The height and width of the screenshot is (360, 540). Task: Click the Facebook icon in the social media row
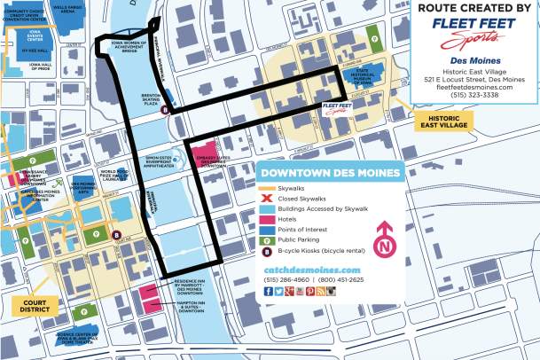click(269, 291)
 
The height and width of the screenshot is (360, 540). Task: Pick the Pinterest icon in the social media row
click(309, 291)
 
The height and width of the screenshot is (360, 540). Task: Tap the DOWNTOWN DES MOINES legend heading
click(330, 172)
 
